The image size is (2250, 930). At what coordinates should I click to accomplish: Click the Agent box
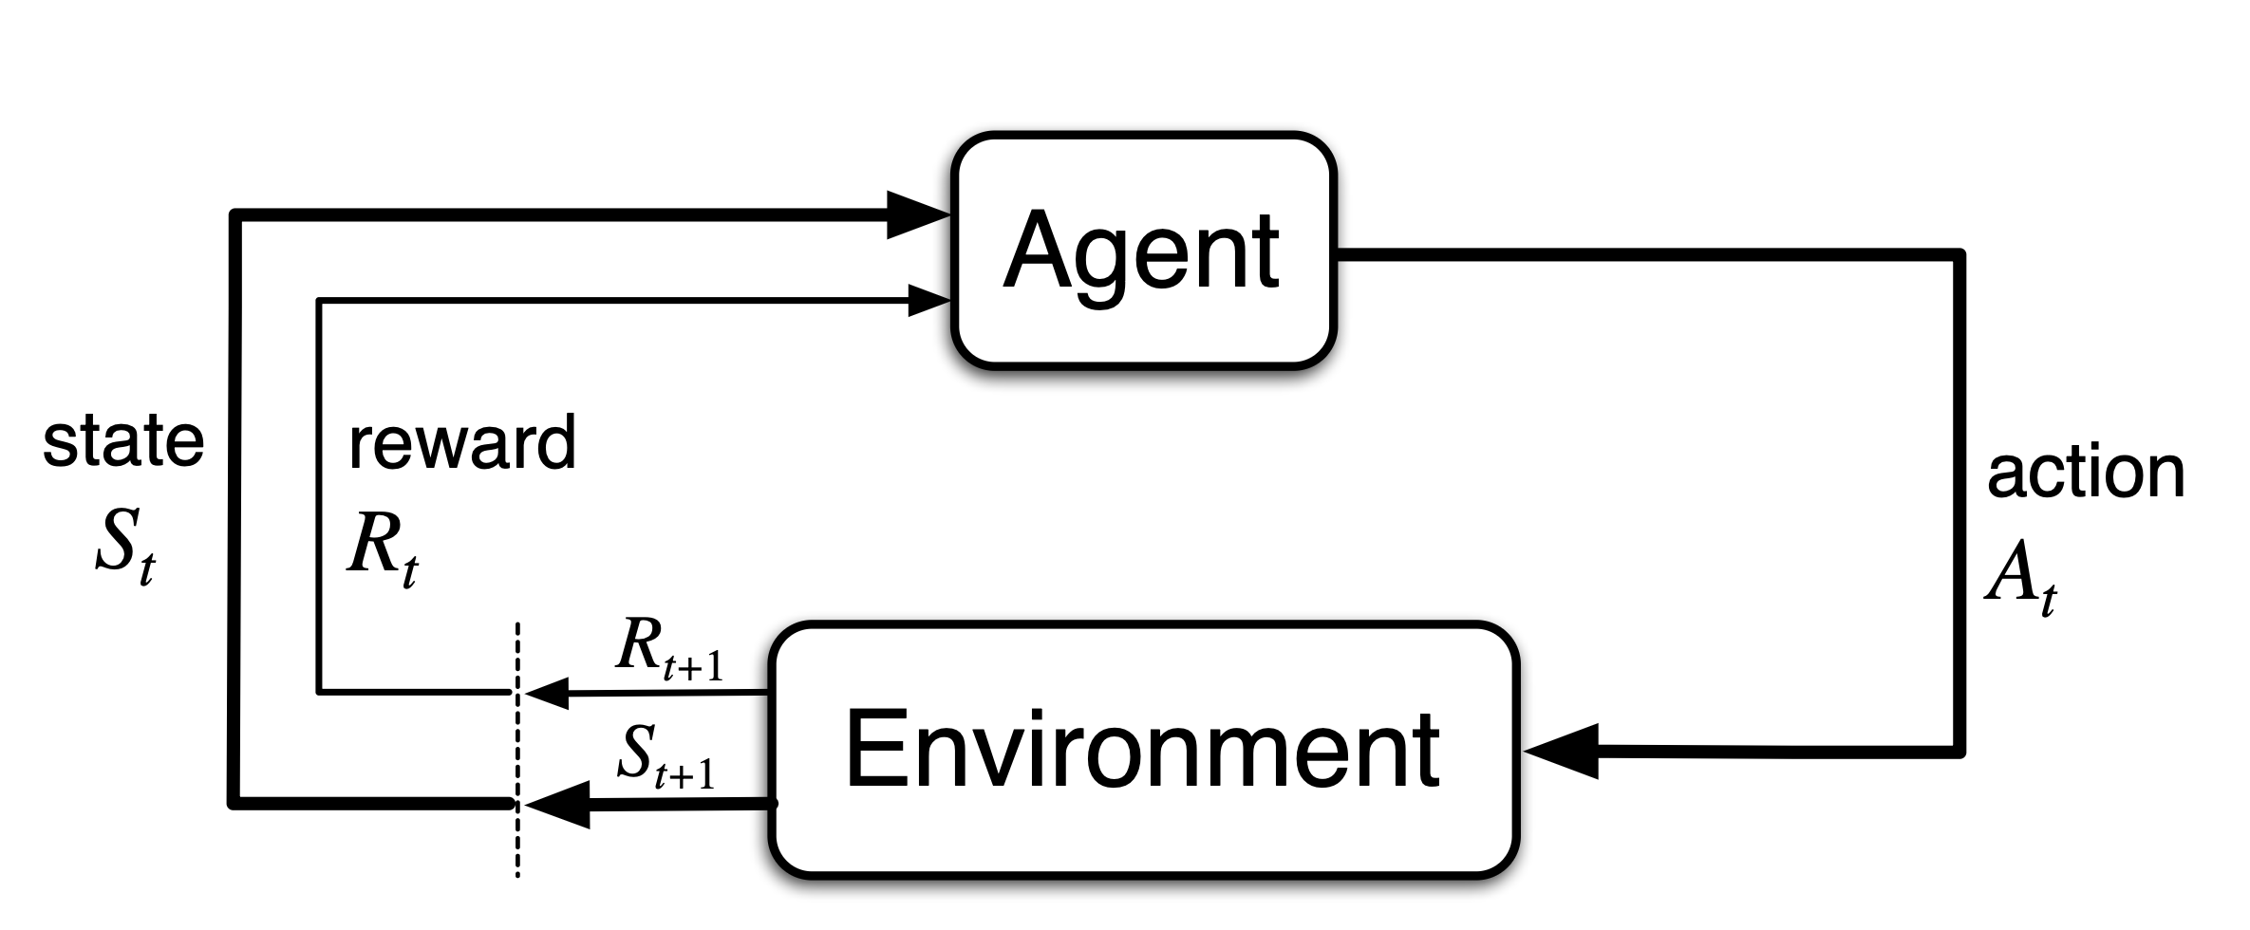1143,250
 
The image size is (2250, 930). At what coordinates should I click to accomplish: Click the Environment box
1143,750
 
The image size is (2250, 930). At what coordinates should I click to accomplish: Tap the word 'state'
123,442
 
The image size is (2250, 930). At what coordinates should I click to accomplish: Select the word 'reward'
462,442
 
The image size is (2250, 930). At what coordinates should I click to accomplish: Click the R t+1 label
668,650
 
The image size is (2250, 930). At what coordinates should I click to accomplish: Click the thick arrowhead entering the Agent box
916,215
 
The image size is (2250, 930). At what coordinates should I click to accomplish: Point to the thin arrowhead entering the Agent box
928,301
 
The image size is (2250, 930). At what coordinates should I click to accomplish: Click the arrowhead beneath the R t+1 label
547,694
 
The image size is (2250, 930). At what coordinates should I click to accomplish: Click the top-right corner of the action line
1959,254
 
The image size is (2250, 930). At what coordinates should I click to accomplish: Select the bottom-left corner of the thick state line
234,804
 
